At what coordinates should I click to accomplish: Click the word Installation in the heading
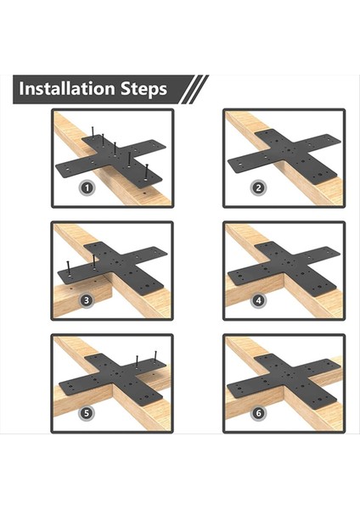[66, 88]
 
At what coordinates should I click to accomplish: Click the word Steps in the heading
[144, 89]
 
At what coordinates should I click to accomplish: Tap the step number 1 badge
[87, 187]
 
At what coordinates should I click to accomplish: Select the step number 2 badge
[259, 187]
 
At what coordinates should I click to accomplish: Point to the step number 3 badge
[87, 300]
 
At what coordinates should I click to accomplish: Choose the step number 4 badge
[259, 300]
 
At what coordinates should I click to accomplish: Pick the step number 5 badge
[87, 413]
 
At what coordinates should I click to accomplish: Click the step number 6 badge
[259, 413]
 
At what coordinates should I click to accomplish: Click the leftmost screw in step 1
[93, 133]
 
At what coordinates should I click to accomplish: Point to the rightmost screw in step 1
[146, 171]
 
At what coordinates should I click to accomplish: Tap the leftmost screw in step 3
[69, 268]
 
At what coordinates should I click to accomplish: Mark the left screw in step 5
[137, 361]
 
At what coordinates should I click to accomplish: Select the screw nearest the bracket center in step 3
[93, 262]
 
